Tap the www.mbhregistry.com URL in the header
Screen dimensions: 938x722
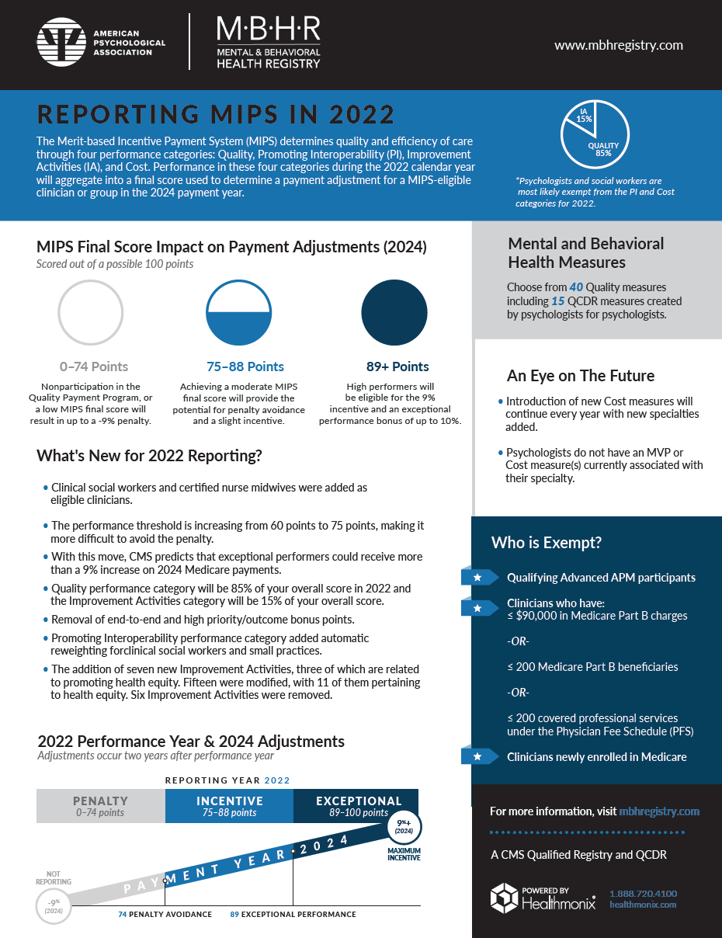(618, 45)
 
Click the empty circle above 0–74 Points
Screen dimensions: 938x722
(90, 312)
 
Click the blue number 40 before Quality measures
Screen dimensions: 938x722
(576, 287)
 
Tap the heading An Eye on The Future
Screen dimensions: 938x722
(581, 376)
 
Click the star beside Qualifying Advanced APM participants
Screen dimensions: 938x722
(477, 578)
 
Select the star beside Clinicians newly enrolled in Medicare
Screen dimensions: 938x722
(477, 756)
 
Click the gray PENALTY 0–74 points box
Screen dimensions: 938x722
(100, 806)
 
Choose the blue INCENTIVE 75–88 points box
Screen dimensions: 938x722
(229, 806)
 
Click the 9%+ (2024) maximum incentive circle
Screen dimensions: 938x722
(403, 826)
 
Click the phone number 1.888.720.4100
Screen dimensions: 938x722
(643, 894)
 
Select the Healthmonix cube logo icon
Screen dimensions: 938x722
(505, 898)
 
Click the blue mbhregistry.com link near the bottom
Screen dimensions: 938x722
(659, 811)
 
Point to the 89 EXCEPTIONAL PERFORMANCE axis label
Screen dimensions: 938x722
(293, 915)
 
